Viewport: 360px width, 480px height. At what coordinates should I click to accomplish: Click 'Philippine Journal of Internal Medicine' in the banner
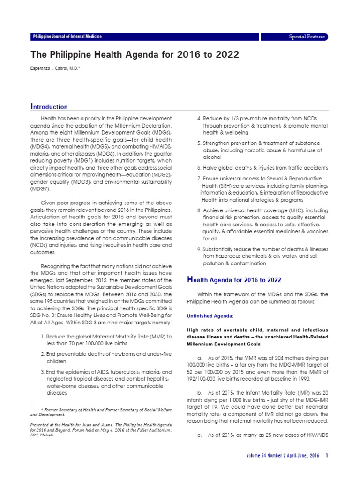(67, 37)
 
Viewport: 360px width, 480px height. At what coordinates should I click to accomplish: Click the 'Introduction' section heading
(49, 107)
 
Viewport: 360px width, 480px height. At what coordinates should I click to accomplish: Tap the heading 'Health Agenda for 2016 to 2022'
(234, 280)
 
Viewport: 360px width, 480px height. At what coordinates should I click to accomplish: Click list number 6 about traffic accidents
(199, 167)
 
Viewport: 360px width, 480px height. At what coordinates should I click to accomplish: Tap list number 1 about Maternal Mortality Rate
(43, 337)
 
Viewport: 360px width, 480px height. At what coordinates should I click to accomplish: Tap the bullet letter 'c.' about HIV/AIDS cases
(200, 435)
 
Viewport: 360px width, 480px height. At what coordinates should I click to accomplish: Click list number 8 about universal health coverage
(199, 210)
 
